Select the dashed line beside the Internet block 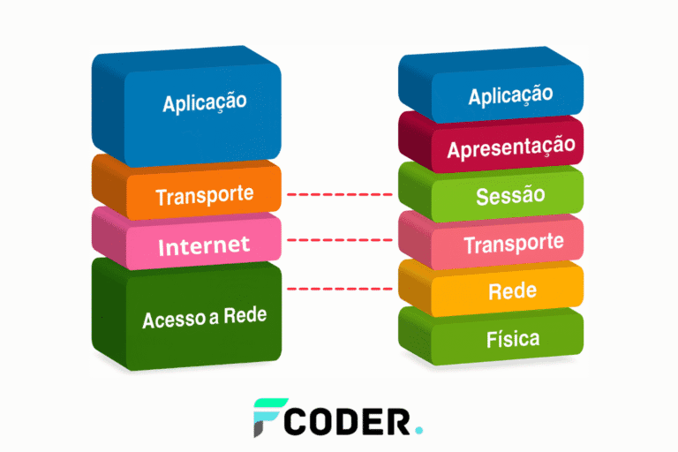tap(339, 239)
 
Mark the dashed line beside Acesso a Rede tap(339, 289)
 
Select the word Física tap(512, 338)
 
